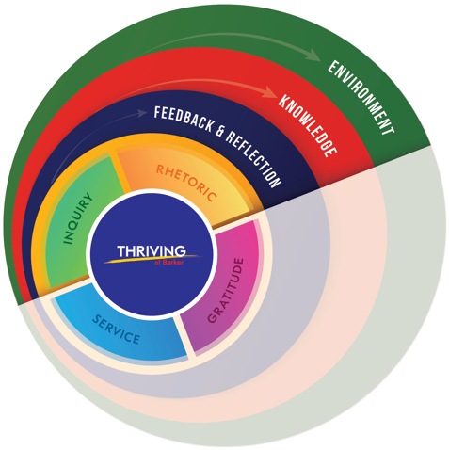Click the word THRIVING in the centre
[152, 251]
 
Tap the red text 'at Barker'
[168, 263]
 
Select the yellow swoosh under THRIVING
[152, 259]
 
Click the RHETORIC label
[186, 183]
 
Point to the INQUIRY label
[78, 218]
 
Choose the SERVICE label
[116, 329]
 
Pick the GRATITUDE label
[226, 290]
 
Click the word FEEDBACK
[183, 120]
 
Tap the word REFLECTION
[253, 159]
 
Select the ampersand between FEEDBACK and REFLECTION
[219, 131]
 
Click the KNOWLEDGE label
[308, 124]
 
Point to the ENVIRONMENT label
[361, 97]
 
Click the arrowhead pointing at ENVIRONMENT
[313, 55]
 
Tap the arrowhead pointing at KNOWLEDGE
[270, 91]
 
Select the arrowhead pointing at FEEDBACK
[142, 113]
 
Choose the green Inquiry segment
[78, 219]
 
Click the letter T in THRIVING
[121, 251]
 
